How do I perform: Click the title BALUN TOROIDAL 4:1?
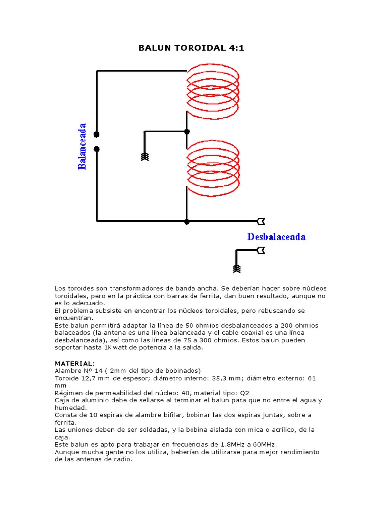coord(191,48)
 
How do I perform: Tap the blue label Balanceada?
coord(82,146)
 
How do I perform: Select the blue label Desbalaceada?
coord(276,237)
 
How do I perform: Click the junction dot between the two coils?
coord(187,132)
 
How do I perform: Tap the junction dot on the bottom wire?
coord(187,221)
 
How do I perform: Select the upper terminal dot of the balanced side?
coord(97,134)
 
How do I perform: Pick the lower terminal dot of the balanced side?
coord(97,149)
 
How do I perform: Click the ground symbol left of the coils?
coord(145,157)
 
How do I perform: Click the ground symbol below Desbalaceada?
coord(237,269)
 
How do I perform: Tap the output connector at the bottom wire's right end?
coord(261,221)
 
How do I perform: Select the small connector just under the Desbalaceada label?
coord(261,251)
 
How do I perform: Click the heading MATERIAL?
coord(74,364)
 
